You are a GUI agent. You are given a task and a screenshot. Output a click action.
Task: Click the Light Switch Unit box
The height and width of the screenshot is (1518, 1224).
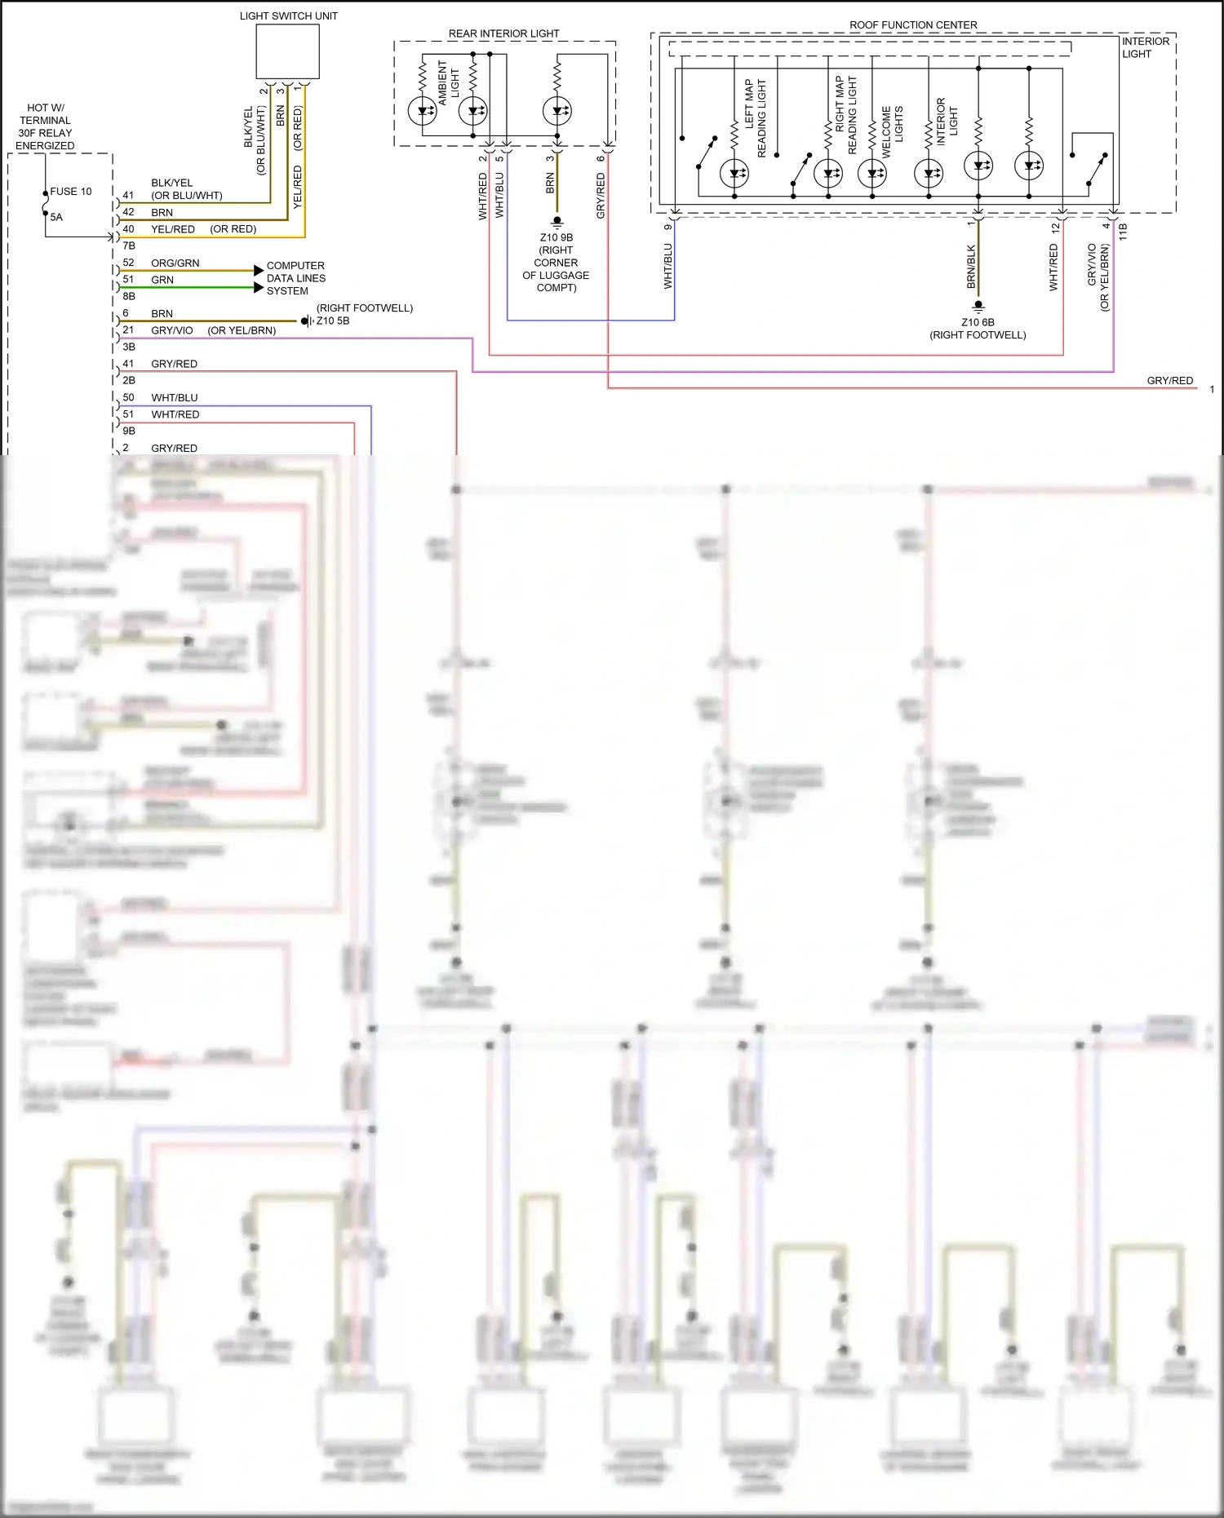coord(287,51)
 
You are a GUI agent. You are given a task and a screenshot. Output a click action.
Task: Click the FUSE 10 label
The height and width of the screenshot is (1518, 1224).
coord(71,192)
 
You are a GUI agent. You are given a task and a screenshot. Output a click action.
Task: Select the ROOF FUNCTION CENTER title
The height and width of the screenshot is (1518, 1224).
coord(913,25)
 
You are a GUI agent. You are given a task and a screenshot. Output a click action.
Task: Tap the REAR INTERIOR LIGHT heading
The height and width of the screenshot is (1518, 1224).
coord(503,33)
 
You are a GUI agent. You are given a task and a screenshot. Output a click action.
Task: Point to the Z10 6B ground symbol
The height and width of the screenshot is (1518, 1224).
coord(978,306)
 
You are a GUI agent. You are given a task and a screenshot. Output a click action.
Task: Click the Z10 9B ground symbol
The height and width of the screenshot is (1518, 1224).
coord(557,221)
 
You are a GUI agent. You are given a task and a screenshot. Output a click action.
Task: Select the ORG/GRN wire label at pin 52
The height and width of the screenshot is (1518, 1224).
coord(175,263)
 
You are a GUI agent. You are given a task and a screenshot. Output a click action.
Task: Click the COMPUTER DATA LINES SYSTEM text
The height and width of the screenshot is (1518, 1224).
coord(295,278)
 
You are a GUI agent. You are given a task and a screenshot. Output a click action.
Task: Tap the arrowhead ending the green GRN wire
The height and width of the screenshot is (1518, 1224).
coord(259,287)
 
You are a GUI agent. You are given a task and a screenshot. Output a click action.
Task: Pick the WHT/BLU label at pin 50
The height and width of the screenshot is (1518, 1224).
coord(174,397)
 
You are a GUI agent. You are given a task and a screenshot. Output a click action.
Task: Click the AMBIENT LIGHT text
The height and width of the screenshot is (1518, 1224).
coord(448,82)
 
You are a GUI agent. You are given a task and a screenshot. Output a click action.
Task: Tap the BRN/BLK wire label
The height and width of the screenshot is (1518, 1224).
coord(971,266)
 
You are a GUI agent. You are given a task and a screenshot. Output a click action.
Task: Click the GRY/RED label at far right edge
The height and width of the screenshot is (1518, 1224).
coord(1169,381)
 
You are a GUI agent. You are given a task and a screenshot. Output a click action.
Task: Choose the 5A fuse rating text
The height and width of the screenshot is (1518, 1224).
coord(56,217)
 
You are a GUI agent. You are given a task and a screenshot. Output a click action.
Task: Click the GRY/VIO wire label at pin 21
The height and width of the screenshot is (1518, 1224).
coord(171,330)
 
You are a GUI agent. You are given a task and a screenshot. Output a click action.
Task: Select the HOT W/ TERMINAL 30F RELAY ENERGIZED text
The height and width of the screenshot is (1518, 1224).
coord(45,126)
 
